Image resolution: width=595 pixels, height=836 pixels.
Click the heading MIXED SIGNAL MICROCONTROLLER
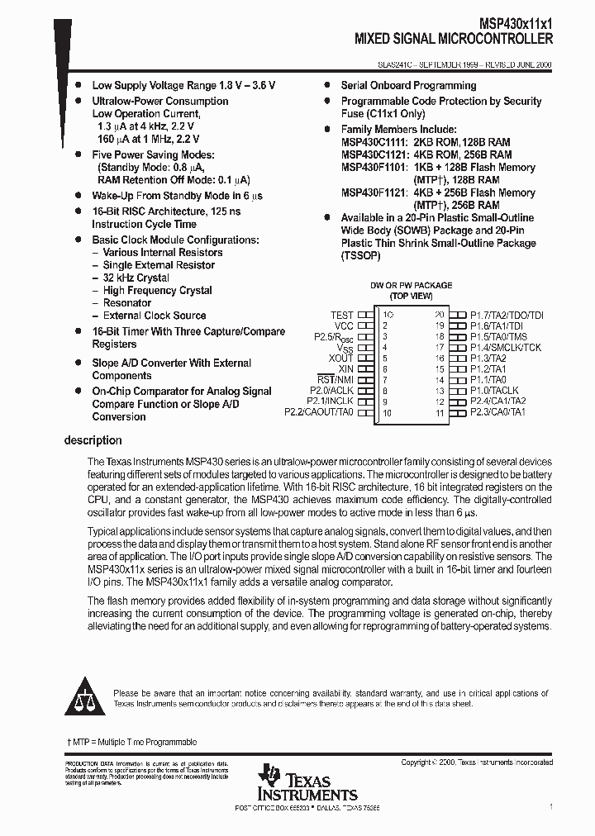[454, 38]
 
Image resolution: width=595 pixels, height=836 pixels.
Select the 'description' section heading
[93, 440]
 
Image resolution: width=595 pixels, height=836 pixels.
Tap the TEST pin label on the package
[341, 315]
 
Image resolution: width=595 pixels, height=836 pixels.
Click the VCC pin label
[344, 325]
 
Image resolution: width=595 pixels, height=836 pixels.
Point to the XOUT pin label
[340, 358]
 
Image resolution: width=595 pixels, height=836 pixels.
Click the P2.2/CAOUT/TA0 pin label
[318, 411]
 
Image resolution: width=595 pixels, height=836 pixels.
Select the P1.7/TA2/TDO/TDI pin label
[507, 315]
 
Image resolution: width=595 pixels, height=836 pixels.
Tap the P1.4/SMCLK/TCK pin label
[506, 347]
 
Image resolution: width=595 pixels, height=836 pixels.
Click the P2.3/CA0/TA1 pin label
[497, 411]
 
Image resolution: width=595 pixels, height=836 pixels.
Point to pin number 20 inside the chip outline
[440, 315]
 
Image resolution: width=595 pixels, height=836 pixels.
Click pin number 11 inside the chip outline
[440, 412]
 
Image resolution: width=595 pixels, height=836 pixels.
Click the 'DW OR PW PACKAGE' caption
[411, 285]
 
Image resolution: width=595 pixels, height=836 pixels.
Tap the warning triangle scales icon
[85, 696]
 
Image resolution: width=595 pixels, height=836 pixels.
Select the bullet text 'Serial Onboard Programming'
[408, 86]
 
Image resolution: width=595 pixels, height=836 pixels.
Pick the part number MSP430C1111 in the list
[374, 142]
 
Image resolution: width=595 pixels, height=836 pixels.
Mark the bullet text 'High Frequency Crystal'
[157, 291]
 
